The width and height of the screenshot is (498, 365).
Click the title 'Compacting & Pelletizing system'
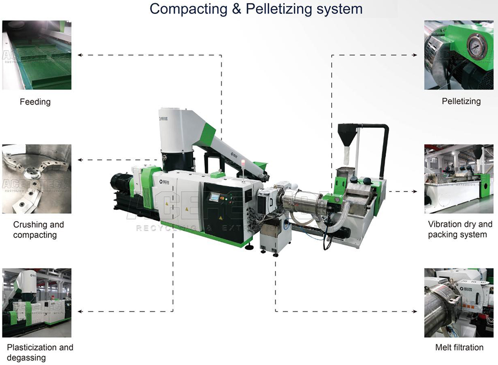256,9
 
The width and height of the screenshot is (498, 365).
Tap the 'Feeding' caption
35,102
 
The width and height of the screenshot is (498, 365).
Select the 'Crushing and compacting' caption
38,230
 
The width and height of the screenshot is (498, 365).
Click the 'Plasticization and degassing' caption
40,352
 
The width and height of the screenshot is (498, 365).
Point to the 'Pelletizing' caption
461,102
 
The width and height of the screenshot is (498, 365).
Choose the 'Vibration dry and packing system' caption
460,230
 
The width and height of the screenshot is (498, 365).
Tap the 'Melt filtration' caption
459,348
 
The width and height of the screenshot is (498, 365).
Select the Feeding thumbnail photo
37,55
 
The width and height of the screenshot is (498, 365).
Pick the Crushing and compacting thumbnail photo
37,179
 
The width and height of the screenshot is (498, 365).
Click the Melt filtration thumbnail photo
458,303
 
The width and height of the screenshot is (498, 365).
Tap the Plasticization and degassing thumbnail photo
37,303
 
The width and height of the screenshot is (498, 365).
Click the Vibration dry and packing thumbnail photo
458,179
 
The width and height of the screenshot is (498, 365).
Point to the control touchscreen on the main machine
214,197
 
